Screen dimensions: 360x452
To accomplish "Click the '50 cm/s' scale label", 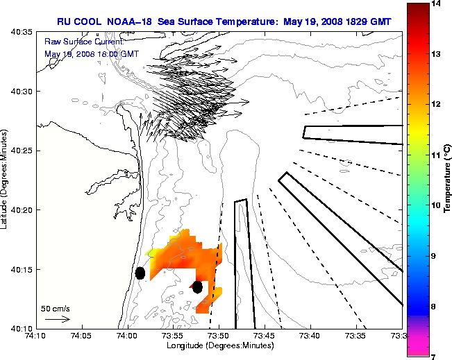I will [56, 308].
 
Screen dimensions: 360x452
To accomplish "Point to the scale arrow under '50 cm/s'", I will [57, 319].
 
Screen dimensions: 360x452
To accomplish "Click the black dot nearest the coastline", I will [140, 273].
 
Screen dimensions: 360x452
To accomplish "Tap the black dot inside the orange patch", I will [198, 286].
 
